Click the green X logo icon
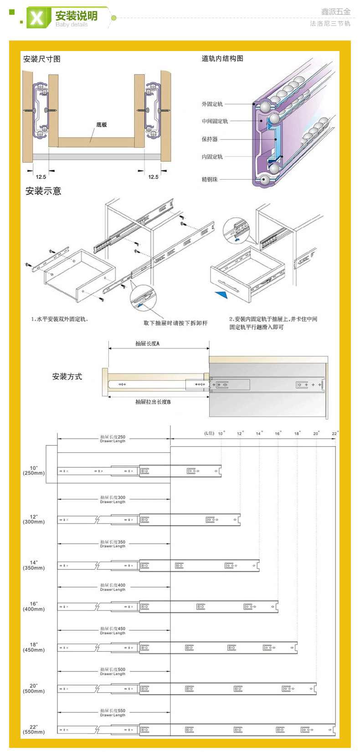coord(37,18)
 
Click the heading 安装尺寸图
coord(41,59)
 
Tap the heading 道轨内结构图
coord(222,58)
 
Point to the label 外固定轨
coord(212,104)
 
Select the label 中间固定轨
coord(215,121)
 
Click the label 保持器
coord(210,139)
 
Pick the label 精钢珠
coord(210,179)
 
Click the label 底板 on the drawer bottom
coord(101,124)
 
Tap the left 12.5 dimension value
coord(41,177)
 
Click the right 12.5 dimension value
coord(153,177)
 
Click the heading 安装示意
coord(43,191)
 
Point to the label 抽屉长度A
coord(147,343)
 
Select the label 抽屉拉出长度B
coord(153,402)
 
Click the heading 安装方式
coord(67,376)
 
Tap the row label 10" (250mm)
coord(34,471)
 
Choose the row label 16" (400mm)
coord(34,606)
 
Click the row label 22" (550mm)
coord(34,729)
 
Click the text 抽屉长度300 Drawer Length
coord(113,499)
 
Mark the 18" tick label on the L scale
coord(297,434)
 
